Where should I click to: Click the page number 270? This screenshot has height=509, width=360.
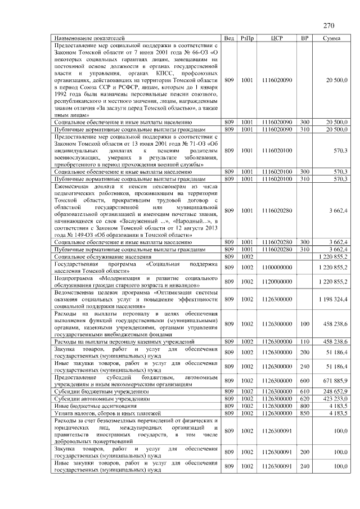click(329, 25)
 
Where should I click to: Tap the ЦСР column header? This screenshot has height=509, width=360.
click(277, 38)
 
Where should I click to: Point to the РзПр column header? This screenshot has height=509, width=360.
click(246, 38)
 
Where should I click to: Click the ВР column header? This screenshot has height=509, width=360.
click(305, 38)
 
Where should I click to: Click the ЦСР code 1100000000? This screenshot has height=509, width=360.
click(277, 267)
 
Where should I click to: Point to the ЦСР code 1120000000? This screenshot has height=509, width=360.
click(277, 281)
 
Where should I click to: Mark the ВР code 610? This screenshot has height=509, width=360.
click(305, 390)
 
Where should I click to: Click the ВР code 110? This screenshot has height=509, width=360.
click(305, 341)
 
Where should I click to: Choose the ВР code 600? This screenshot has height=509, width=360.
click(305, 381)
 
